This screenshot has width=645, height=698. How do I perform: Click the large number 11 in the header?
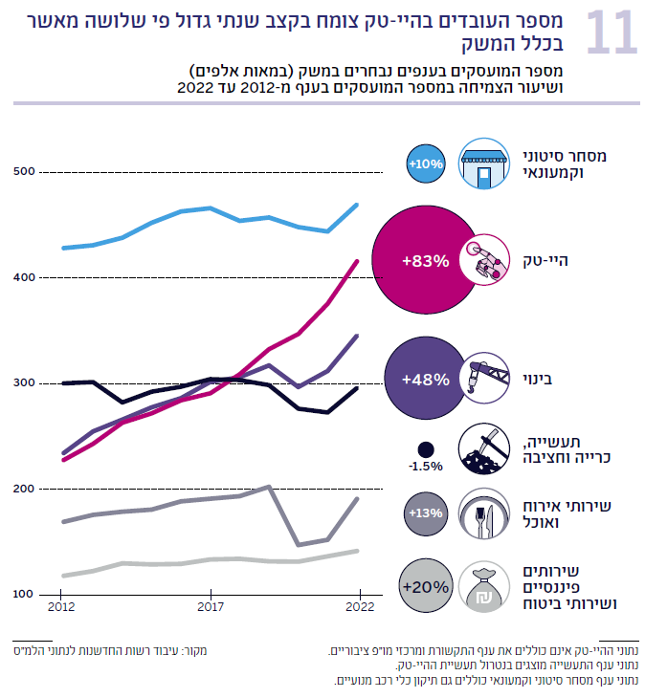pyautogui.click(x=610, y=33)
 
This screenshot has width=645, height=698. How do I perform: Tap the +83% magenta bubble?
pyautogui.click(x=425, y=261)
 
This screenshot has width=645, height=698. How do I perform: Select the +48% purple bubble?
pyautogui.click(x=425, y=379)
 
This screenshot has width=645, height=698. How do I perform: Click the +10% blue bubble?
pyautogui.click(x=425, y=164)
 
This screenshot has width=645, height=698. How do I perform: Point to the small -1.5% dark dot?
pyautogui.click(x=426, y=448)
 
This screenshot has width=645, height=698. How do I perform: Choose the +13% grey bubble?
pyautogui.click(x=425, y=513)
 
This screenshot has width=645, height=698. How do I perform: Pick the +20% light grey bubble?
pyautogui.click(x=425, y=586)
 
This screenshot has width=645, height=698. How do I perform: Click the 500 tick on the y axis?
pyautogui.click(x=23, y=172)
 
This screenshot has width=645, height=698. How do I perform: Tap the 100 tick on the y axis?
pyautogui.click(x=23, y=595)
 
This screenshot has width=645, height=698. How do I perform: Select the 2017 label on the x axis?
pyautogui.click(x=211, y=606)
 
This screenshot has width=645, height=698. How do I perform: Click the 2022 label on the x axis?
pyautogui.click(x=359, y=606)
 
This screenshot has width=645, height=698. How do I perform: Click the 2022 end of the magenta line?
pyautogui.click(x=358, y=261)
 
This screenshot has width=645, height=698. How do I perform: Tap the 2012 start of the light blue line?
pyautogui.click(x=63, y=248)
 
